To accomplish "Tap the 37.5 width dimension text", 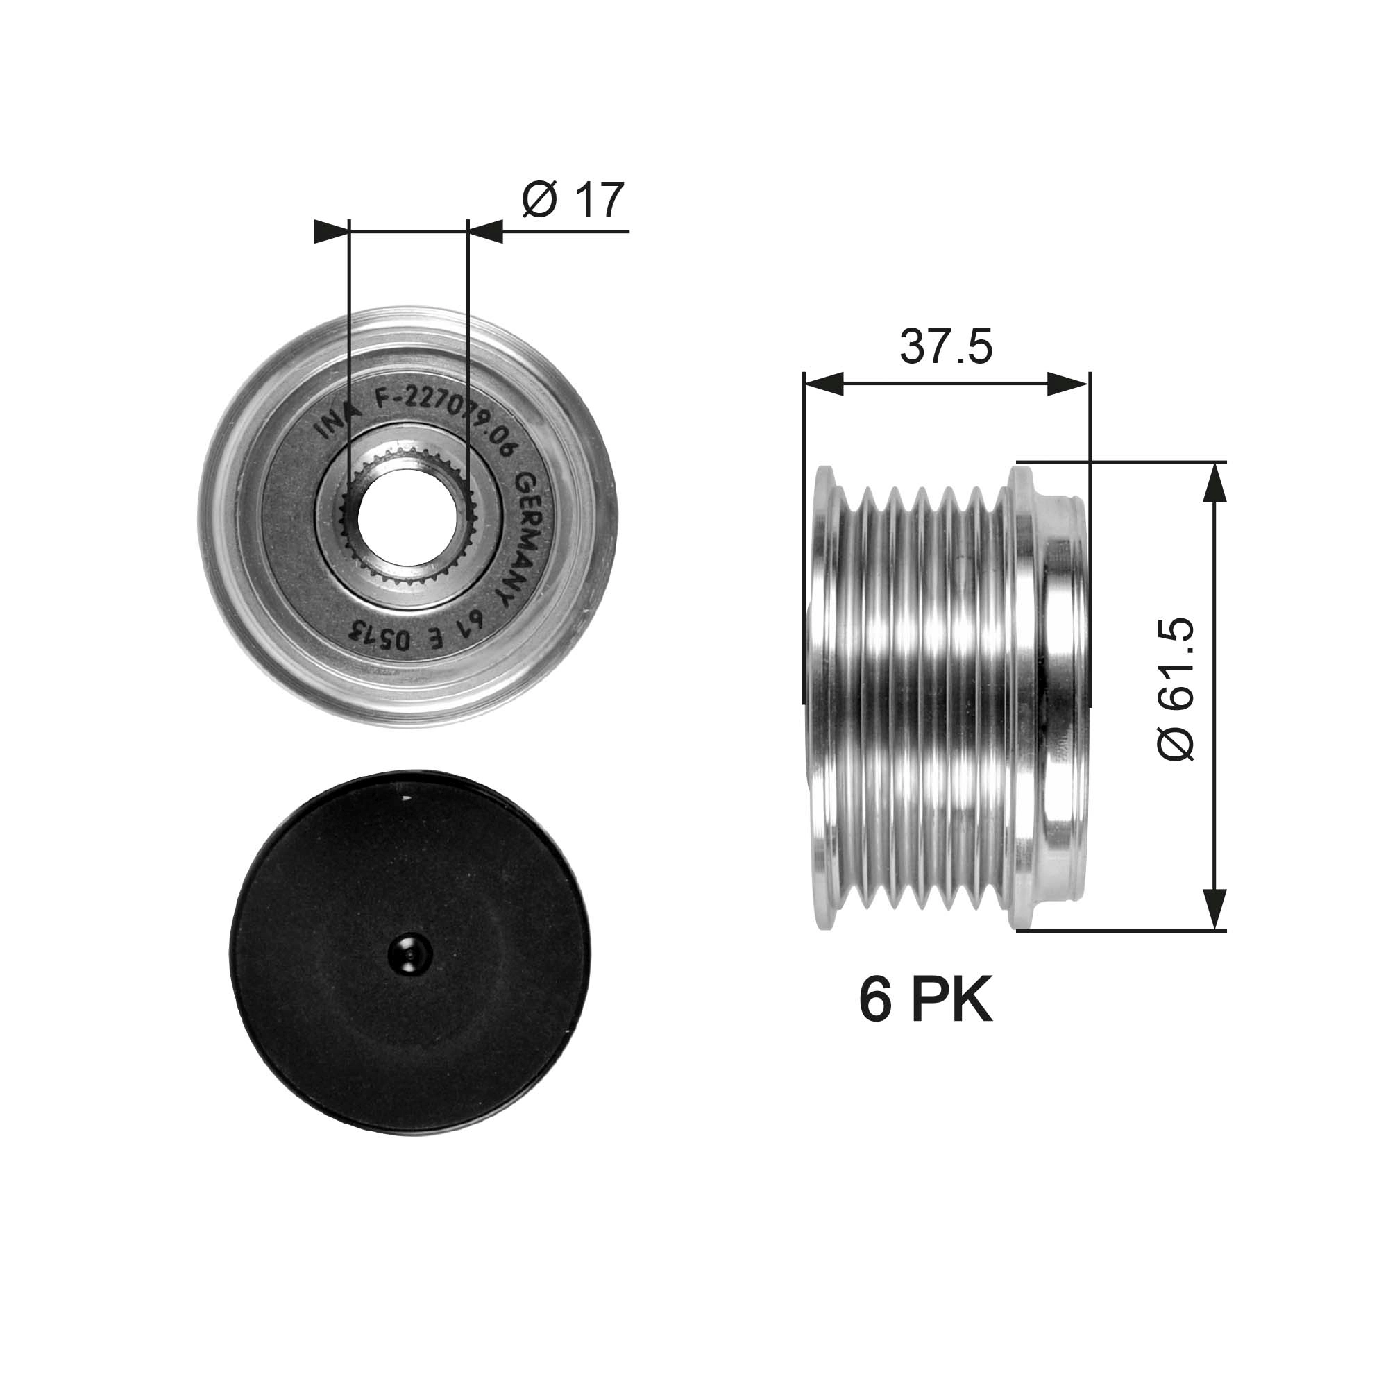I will pos(945,347).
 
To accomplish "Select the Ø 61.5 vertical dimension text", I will pos(1176,688).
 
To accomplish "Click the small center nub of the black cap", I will pos(408,956).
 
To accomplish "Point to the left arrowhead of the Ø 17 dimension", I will pos(330,231).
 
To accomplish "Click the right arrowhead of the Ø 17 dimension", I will pos(485,231).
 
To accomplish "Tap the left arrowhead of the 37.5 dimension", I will pos(822,384).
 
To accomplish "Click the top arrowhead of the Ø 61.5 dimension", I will pos(1214,481).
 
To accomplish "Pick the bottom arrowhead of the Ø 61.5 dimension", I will pos(1214,910).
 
